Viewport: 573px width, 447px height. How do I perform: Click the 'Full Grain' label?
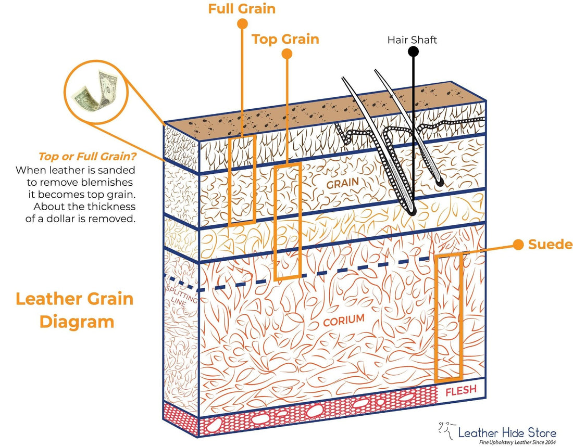[x=242, y=9]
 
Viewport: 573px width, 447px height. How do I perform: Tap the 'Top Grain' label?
[x=285, y=39]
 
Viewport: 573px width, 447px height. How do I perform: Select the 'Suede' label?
[x=550, y=245]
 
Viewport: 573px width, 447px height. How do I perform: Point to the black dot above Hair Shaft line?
[x=414, y=51]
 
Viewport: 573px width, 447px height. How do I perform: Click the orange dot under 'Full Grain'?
[x=242, y=23]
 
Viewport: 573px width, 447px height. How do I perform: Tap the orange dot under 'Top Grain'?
[x=286, y=53]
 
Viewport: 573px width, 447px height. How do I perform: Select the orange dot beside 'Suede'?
[x=518, y=245]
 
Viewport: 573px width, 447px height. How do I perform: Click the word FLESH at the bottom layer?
[x=460, y=391]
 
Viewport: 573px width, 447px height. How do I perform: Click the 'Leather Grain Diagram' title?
[x=74, y=310]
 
